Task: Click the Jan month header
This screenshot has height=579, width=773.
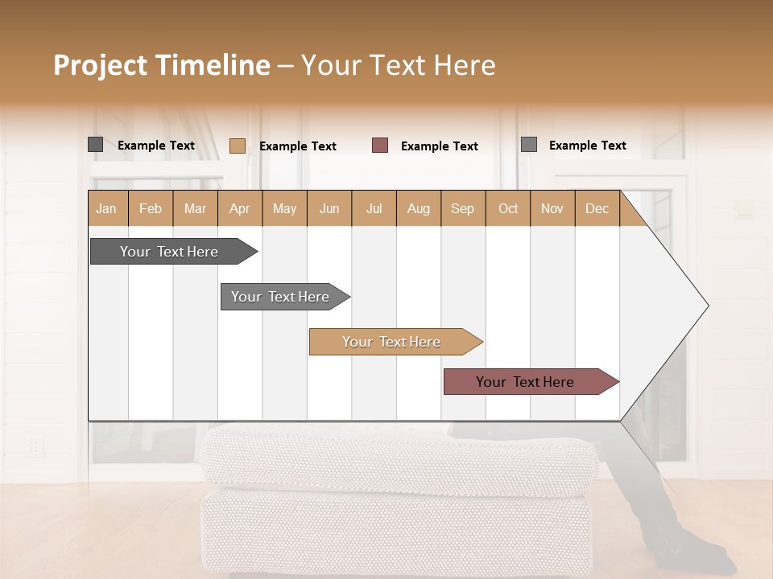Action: [107, 208]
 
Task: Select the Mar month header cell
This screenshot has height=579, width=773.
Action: [195, 208]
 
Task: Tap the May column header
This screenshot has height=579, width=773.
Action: [284, 208]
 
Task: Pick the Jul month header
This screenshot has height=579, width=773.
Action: [374, 208]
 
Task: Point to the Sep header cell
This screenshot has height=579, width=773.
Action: [462, 208]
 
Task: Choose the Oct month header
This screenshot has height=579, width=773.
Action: [508, 208]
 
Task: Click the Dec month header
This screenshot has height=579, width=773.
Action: [597, 208]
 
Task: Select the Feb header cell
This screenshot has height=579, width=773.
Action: [151, 208]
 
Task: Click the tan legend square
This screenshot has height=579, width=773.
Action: [237, 146]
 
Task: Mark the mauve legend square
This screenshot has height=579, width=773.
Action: [380, 146]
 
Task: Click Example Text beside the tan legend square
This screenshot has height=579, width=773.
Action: [298, 146]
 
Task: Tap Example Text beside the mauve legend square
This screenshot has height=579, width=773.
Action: [440, 146]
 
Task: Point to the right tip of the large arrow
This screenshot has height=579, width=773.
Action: [707, 306]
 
